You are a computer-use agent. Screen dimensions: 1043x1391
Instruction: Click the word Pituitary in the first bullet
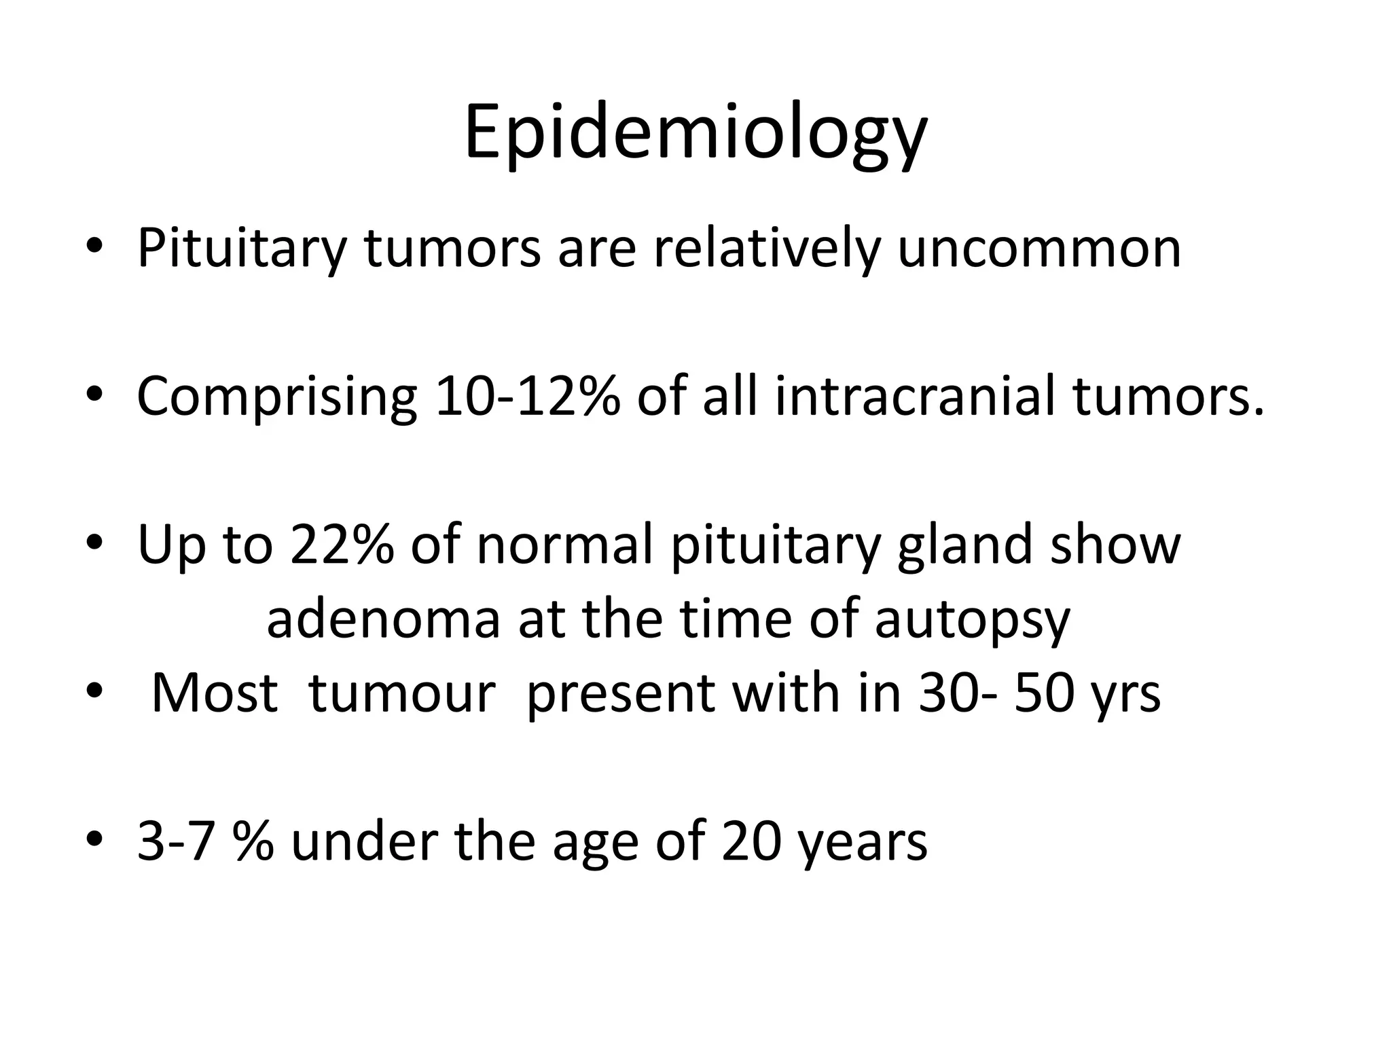coord(242,248)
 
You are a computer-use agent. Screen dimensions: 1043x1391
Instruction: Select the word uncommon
coord(1039,248)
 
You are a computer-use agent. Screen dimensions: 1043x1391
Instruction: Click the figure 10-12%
coord(527,396)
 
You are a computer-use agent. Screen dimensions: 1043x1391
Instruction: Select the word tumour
coord(401,693)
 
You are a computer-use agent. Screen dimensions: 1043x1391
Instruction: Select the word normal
coord(564,544)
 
